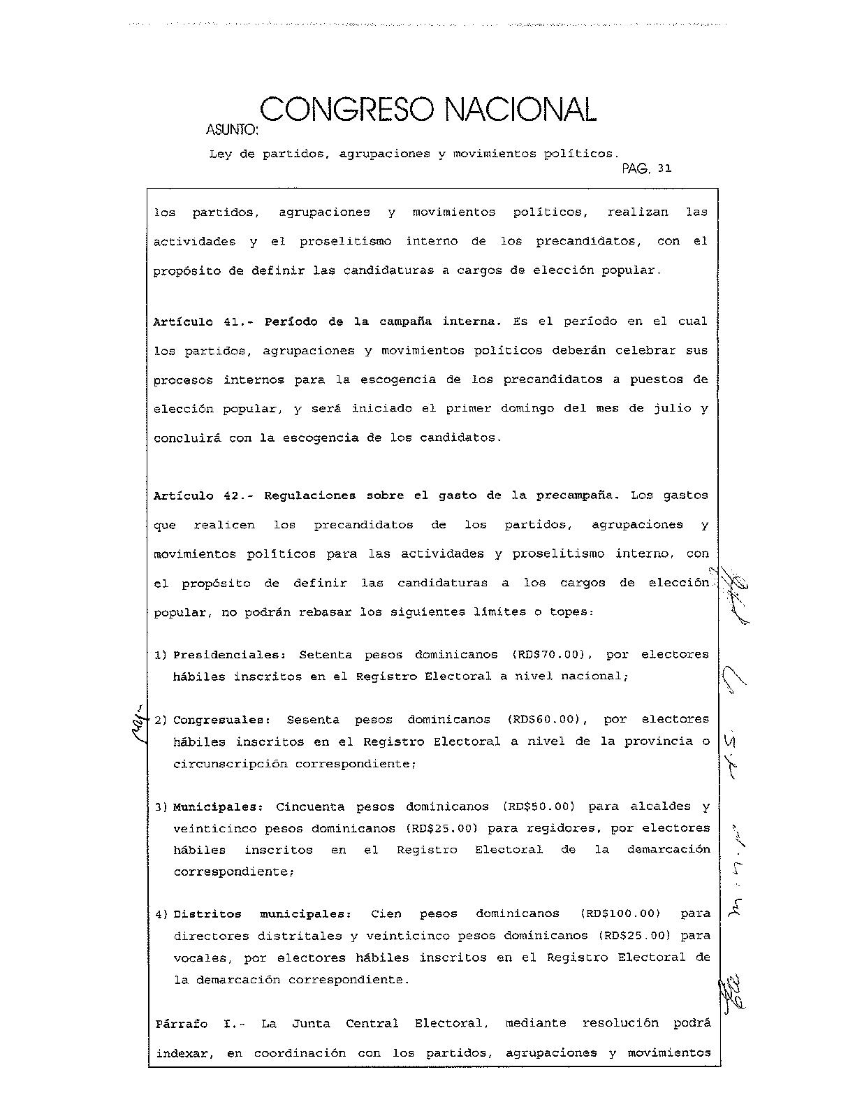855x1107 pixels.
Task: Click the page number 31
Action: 664,168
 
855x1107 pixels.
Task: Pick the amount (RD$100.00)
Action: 620,913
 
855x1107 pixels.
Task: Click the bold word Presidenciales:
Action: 230,655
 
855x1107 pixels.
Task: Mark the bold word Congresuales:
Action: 221,719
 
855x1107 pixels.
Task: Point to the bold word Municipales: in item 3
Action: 217,806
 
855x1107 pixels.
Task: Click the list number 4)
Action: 161,914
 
